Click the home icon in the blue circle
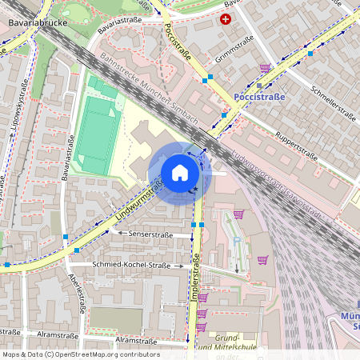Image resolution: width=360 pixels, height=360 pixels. coord(179,173)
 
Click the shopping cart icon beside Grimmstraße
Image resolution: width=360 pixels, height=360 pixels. coord(265,68)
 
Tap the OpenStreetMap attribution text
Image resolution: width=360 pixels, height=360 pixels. coord(80,354)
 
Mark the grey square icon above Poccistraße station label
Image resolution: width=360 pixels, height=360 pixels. coord(260,85)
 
